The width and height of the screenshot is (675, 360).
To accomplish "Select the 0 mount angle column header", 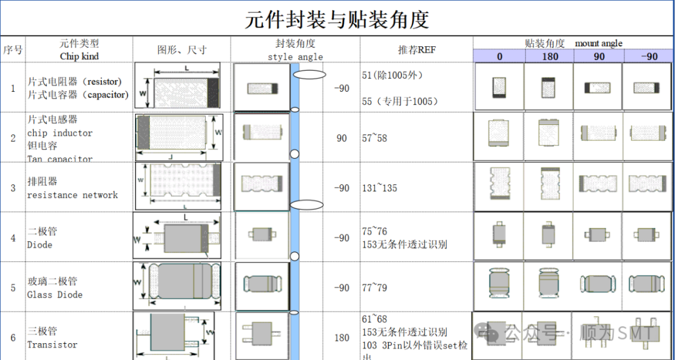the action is (499, 56).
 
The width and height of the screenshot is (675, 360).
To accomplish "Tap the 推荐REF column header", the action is (416, 49).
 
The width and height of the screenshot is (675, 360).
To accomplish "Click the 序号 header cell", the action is (12, 49).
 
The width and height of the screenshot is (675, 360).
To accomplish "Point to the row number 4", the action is (12, 238).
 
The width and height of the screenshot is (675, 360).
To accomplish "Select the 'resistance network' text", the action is (72, 195).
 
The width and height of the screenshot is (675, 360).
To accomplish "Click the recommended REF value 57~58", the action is (374, 138).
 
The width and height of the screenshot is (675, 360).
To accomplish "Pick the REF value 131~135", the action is (379, 188).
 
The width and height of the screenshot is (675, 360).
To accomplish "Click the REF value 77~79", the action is (374, 288).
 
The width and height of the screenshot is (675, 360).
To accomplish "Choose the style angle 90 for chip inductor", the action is (341, 138).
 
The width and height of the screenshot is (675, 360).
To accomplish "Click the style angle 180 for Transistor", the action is (341, 338).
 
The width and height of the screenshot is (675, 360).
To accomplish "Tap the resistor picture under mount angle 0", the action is (499, 86).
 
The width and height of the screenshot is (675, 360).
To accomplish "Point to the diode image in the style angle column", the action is (262, 235).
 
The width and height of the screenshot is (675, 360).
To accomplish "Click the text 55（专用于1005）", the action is (400, 101).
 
